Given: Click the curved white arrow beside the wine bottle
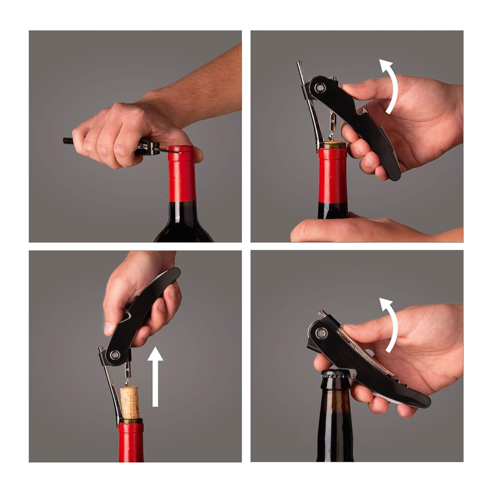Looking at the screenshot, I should click(x=390, y=87).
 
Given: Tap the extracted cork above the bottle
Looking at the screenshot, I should click(x=130, y=402).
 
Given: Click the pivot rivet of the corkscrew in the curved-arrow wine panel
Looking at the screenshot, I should click(x=320, y=87).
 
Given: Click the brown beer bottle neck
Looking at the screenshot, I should click(x=335, y=416).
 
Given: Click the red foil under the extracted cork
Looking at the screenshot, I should click(x=131, y=441).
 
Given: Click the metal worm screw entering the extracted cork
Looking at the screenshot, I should click(x=128, y=375).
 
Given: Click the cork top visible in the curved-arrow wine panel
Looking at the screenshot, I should click(x=332, y=145).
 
